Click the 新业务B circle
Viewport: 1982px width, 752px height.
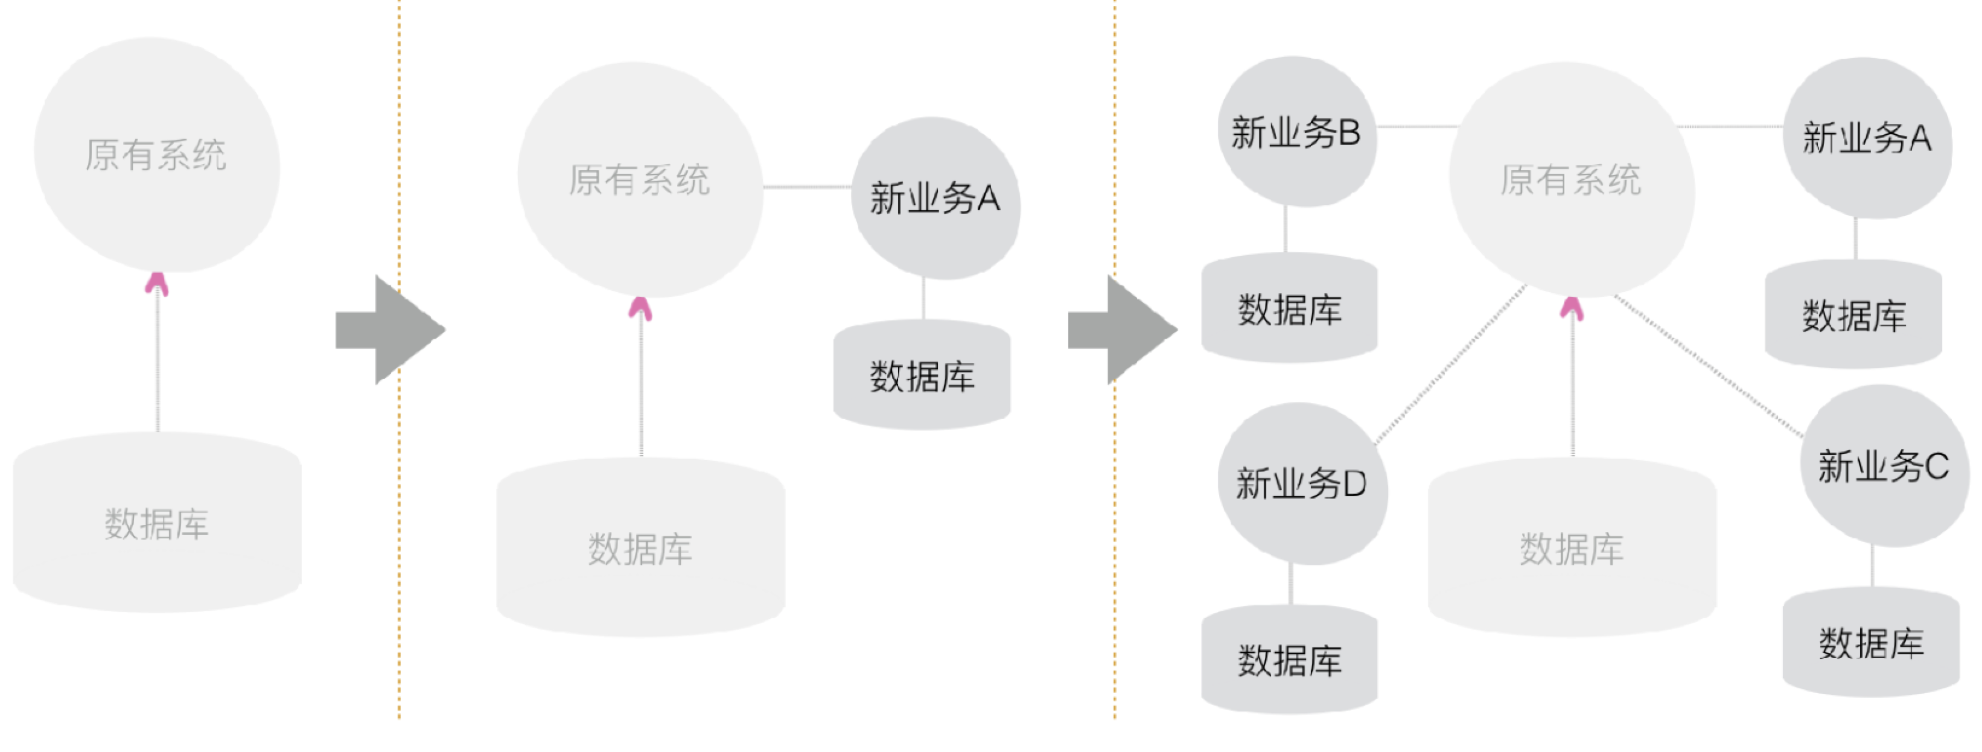point(1296,132)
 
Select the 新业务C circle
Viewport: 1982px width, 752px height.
point(1883,467)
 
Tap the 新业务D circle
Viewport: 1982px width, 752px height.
point(1302,484)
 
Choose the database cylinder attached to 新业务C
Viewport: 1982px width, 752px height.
point(1871,643)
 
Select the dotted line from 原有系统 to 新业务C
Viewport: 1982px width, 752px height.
point(1708,366)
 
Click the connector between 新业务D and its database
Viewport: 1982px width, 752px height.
point(1290,584)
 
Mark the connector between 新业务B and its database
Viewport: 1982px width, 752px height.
point(1285,229)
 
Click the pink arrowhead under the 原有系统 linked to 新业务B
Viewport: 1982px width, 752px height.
point(1572,308)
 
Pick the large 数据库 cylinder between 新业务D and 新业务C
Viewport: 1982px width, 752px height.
point(1572,548)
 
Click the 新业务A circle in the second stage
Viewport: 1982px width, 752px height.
point(935,199)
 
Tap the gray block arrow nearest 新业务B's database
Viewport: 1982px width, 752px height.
point(1122,330)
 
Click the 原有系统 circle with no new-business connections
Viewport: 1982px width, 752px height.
point(156,155)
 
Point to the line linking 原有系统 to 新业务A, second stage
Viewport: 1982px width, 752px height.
point(807,187)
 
